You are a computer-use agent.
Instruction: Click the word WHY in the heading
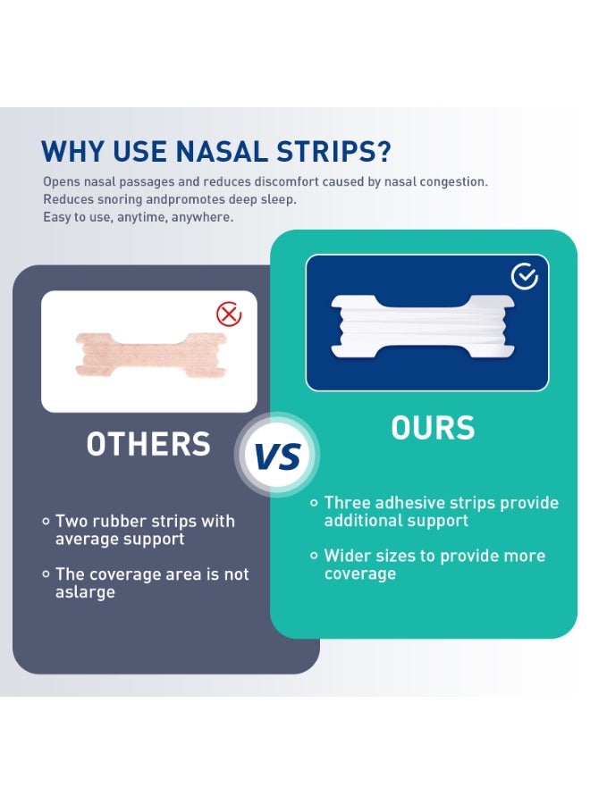tap(72, 151)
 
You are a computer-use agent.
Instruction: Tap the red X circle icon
tap(230, 314)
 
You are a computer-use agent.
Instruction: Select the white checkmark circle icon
tap(525, 277)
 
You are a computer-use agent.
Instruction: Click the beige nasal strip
tap(149, 352)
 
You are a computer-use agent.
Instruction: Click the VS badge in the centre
tap(276, 456)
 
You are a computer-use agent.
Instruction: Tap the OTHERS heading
tap(148, 444)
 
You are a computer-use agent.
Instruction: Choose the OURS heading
tap(433, 429)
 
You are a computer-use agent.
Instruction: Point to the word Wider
tap(347, 556)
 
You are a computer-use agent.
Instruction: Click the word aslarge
tap(86, 592)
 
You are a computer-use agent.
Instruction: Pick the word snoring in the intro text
tap(120, 199)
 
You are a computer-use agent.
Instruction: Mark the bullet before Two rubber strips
tap(46, 521)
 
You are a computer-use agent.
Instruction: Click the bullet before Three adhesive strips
tap(314, 503)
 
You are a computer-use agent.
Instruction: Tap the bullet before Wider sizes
tap(314, 556)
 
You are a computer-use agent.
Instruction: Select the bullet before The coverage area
tap(46, 574)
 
